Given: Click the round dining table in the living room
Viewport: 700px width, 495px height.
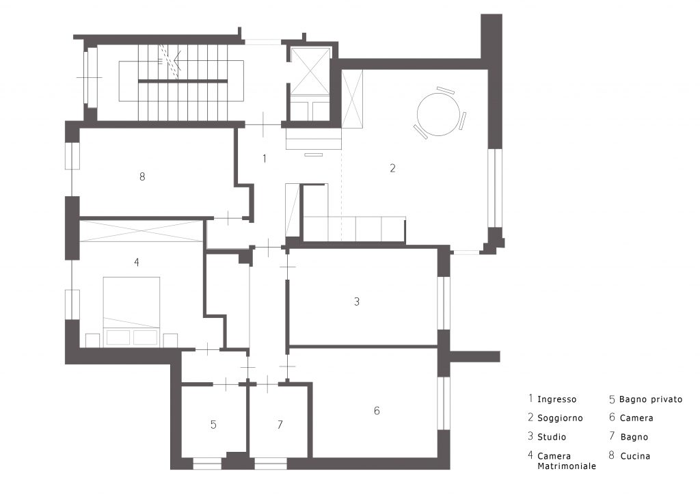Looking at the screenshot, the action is point(438,113).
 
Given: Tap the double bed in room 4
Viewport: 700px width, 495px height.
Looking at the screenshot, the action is point(132,311).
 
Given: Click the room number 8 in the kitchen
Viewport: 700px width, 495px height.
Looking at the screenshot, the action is point(142,177).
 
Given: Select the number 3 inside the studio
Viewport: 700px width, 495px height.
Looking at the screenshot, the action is point(357,302).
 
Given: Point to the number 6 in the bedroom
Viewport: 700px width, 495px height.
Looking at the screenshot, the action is point(377,411).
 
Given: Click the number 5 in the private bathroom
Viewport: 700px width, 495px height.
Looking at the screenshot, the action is point(213,425).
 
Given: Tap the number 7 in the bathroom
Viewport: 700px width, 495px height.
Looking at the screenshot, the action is point(280,425).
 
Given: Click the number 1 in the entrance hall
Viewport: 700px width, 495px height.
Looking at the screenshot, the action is point(265,159).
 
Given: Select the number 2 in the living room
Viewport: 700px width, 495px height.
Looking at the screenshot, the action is point(392,168).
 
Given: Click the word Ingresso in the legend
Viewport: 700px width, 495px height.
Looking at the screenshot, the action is point(556,399).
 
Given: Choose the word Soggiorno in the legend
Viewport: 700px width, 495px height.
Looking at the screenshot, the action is point(560,418).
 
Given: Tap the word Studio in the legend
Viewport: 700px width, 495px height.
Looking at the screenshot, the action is point(552,437).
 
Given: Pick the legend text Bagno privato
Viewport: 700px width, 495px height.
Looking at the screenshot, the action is point(651,399).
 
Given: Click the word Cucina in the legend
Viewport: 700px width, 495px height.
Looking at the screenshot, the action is point(635,456).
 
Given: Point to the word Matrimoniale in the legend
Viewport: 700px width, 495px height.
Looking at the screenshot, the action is point(567,466).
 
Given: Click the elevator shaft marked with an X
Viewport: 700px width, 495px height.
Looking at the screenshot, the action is point(310,71).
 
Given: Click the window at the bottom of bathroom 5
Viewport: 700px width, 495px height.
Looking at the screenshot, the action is point(207,464).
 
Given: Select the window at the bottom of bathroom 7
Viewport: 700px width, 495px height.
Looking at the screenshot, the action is point(271,464).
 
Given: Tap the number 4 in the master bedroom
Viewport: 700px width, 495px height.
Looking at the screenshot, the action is point(137,262).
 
